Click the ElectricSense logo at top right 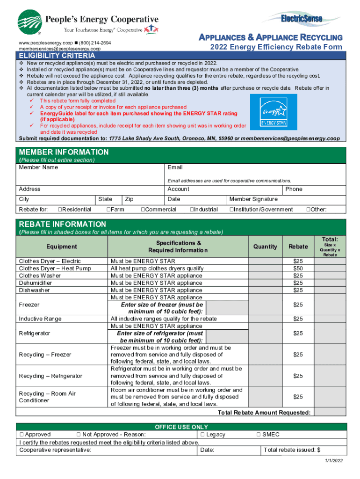[302, 19]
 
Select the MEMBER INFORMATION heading [64, 152]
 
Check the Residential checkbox [60, 210]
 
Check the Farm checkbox [108, 210]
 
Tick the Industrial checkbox [192, 210]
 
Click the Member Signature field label [253, 199]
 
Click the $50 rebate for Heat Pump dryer [298, 269]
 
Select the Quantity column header [265, 247]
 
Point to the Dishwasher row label [34, 290]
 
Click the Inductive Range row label [40, 319]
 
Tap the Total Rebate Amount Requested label [264, 413]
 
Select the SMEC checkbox [259, 435]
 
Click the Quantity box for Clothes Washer [265, 276]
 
